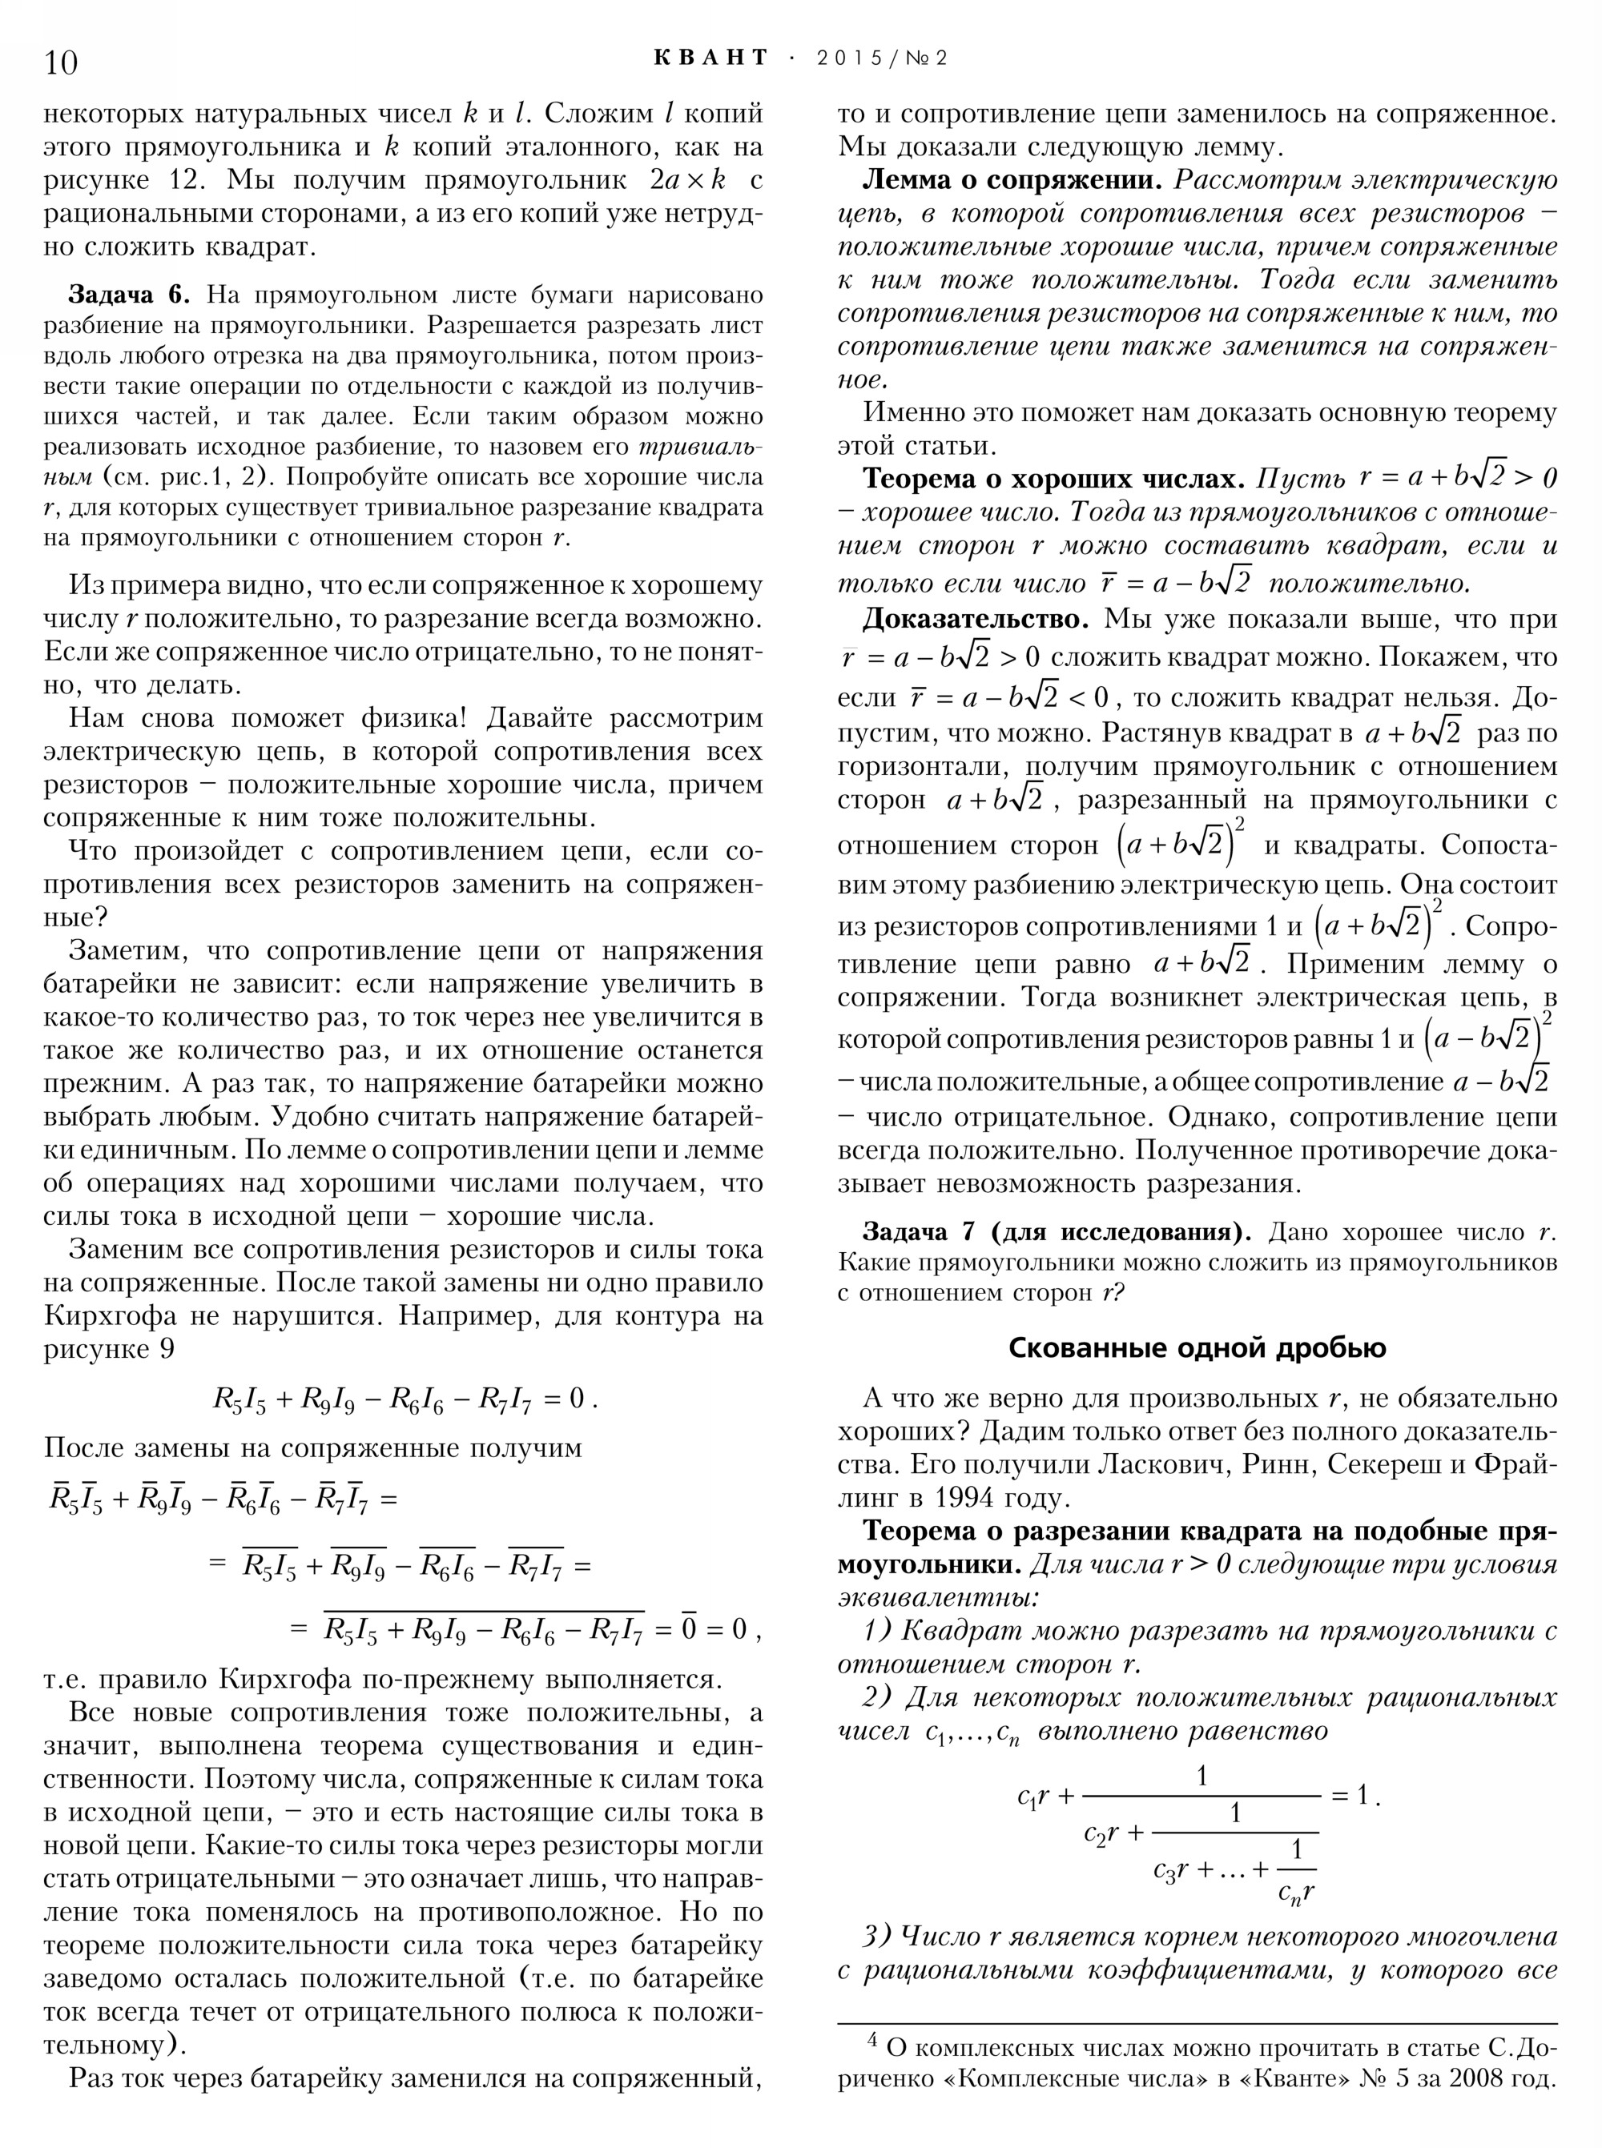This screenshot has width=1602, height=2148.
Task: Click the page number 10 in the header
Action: point(60,62)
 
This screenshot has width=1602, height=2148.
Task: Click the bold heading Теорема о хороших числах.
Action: point(1053,479)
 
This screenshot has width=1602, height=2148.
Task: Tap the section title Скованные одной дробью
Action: point(1197,1347)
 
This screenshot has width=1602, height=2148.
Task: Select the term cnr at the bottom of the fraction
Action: point(1295,1890)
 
